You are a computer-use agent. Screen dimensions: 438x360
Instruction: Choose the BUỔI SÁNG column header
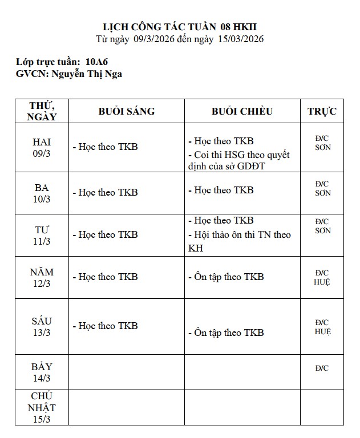tap(126, 111)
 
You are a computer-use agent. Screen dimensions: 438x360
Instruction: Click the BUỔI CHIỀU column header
tap(242, 111)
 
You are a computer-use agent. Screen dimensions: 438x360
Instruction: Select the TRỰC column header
tap(322, 111)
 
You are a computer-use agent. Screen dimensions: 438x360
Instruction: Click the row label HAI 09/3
tap(41, 148)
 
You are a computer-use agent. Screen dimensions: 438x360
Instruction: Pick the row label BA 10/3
tap(41, 193)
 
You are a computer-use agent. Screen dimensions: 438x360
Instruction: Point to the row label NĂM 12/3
tap(41, 278)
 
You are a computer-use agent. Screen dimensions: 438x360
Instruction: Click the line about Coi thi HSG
tap(239, 160)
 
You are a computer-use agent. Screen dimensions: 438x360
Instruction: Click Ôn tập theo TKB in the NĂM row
tap(226, 277)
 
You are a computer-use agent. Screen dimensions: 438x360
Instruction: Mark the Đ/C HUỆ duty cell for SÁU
tap(322, 327)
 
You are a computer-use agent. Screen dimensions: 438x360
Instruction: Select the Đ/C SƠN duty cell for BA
tap(322, 188)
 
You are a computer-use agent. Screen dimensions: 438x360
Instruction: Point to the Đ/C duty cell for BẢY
tap(322, 368)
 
